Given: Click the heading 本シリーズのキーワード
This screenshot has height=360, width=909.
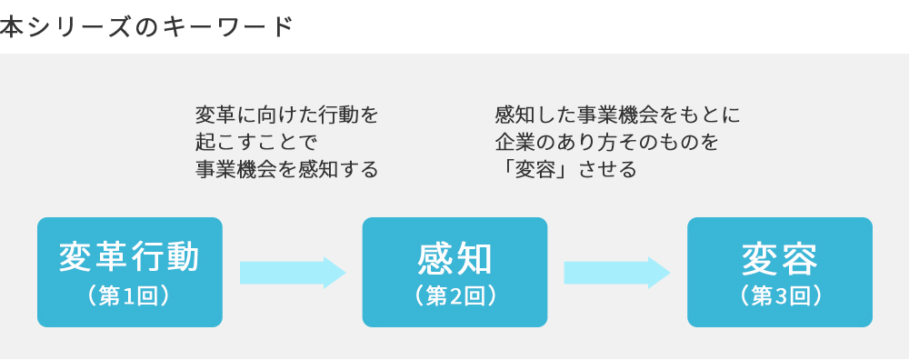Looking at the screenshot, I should coord(146,26).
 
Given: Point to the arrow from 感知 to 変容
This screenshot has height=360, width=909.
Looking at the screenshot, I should coord(617,272).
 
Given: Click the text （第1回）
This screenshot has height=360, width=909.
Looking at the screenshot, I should coord(129,296).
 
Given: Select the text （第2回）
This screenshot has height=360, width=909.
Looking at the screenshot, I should coord(454,296).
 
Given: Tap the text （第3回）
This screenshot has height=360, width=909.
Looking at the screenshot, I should coord(780,296).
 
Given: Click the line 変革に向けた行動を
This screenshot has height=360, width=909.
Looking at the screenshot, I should coord(286,115).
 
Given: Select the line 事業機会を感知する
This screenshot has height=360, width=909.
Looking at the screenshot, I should coord(286,170).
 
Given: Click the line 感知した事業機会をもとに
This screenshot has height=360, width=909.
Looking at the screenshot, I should coord(618,115).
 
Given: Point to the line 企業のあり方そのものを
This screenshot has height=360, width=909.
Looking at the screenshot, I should coord(606,143).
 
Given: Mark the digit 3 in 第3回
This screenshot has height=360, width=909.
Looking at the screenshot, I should coord(780,296).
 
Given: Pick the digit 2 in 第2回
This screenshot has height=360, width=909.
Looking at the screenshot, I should coord(454,296).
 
